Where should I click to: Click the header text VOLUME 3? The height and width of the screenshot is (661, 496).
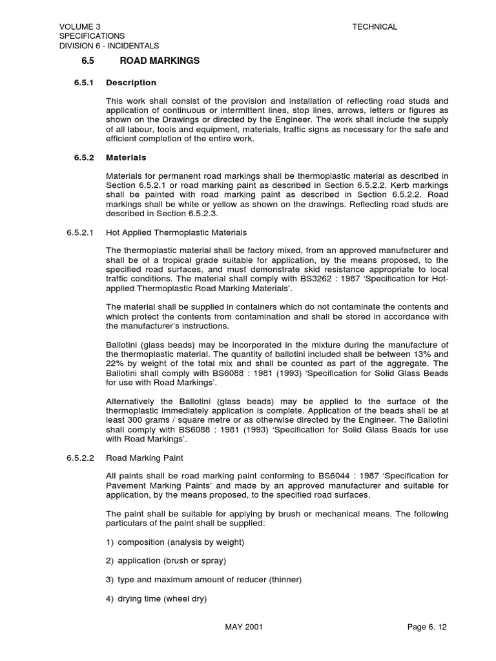pyautogui.click(x=80, y=26)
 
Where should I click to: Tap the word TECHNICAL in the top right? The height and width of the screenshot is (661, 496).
pyautogui.click(x=375, y=26)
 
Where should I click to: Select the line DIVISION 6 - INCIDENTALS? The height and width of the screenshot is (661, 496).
pyautogui.click(x=109, y=46)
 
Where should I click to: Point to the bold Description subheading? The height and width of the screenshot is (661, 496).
pyautogui.click(x=131, y=83)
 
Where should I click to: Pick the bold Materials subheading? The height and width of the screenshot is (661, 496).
pyautogui.click(x=126, y=158)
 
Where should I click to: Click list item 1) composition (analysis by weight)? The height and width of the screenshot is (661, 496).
pyautogui.click(x=175, y=542)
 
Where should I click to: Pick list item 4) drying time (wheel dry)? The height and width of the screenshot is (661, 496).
pyautogui.click(x=156, y=598)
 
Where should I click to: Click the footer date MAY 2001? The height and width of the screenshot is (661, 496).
pyautogui.click(x=243, y=627)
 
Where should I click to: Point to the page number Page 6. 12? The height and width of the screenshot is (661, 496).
pyautogui.click(x=427, y=627)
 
